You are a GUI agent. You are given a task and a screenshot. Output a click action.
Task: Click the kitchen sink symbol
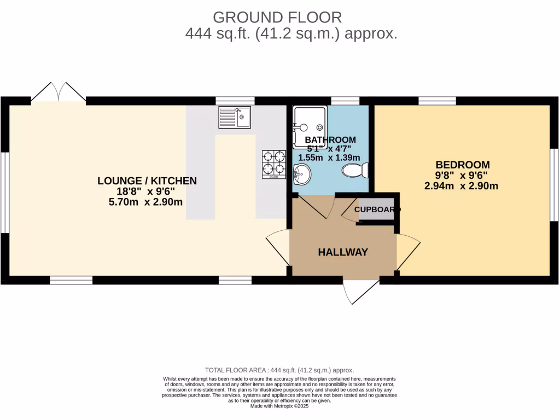pyautogui.click(x=235, y=117)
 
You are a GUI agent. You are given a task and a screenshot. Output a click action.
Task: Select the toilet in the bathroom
pyautogui.click(x=355, y=171)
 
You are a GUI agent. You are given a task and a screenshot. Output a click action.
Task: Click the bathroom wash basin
pyautogui.click(x=301, y=175)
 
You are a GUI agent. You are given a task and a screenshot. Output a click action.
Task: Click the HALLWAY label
pyautogui.click(x=343, y=252)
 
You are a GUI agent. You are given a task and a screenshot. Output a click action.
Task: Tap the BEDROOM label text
pyautogui.click(x=462, y=165)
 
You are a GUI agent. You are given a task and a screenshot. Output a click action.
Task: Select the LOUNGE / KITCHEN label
pyautogui.click(x=147, y=181)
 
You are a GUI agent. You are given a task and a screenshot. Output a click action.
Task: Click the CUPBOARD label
pyautogui.click(x=376, y=209)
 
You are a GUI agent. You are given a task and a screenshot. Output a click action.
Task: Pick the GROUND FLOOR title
pyautogui.click(x=277, y=17)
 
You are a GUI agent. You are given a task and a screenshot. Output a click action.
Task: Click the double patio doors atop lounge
pyautogui.click(x=58, y=92)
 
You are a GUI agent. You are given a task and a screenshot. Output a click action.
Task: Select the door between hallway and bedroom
pyautogui.click(x=407, y=252)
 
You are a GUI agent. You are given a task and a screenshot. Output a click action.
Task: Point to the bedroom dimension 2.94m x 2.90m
pyautogui.click(x=461, y=186)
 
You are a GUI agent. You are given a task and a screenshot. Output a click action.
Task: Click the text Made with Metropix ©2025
pyautogui.click(x=279, y=406)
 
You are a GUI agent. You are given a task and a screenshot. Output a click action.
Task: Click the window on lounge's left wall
pyautogui.click(x=4, y=191)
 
